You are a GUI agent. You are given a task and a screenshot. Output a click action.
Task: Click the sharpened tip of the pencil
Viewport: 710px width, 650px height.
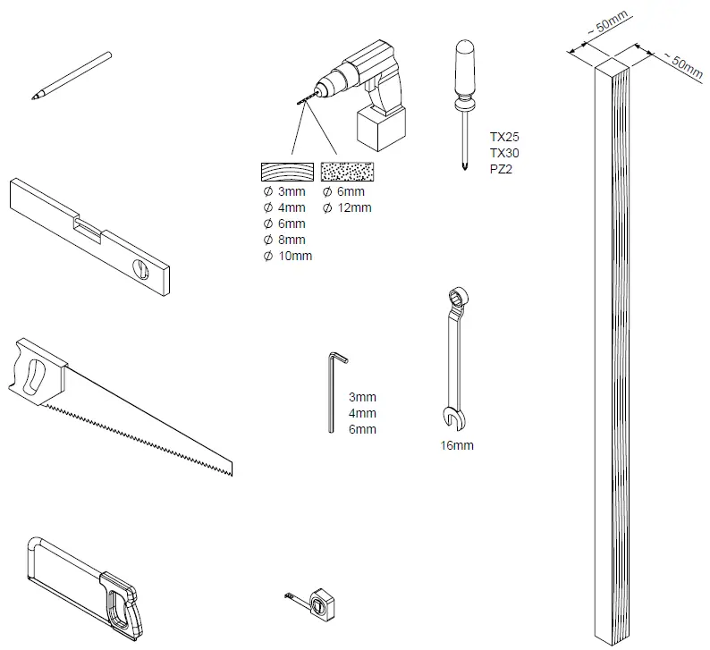(35, 97)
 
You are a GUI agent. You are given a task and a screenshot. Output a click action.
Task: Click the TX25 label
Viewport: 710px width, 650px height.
(504, 138)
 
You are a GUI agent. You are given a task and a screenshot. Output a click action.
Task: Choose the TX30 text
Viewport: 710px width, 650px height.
(504, 153)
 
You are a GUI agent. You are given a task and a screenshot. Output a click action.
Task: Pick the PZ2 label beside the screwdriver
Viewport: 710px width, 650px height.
(502, 168)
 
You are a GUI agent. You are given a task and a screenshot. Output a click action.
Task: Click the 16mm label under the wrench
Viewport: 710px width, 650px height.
(457, 444)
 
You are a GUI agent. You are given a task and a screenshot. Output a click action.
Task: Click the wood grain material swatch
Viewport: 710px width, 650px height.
(287, 172)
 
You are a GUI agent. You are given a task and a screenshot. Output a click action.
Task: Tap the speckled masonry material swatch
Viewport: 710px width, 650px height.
(349, 172)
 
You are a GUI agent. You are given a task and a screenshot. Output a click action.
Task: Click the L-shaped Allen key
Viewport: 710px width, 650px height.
(333, 393)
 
